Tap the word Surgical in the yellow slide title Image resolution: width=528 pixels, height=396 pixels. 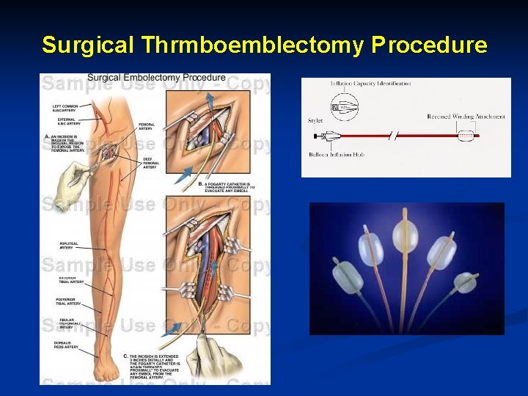pyautogui.click(x=88, y=45)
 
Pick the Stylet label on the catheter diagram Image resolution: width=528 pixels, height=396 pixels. pyautogui.click(x=315, y=121)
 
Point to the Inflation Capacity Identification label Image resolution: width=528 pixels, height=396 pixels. pyautogui.click(x=370, y=84)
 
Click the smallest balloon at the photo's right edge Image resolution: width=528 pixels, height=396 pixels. pyautogui.click(x=466, y=282)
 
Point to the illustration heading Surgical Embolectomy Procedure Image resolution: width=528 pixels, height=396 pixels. pyautogui.click(x=156, y=78)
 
